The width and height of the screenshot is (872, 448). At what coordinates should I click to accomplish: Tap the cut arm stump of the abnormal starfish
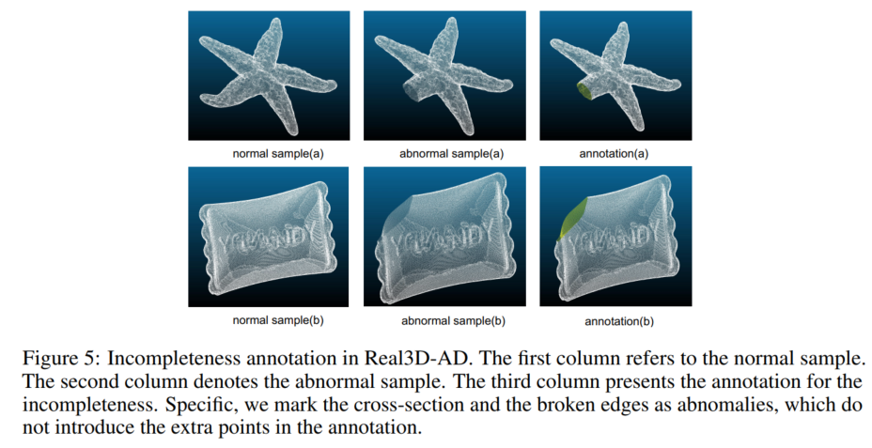coord(412,89)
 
